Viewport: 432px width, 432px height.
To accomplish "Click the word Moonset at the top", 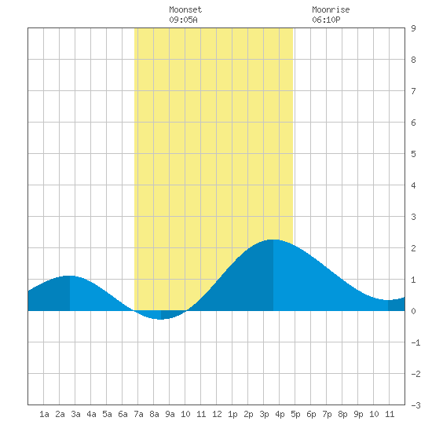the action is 185,9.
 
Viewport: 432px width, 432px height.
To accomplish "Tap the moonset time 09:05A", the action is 183,20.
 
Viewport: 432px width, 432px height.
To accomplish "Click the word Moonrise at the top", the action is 331,9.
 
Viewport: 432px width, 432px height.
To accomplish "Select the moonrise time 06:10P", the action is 326,20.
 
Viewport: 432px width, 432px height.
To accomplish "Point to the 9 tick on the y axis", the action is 413,28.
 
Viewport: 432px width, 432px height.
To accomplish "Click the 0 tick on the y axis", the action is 413,311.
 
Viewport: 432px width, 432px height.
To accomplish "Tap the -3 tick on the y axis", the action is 416,405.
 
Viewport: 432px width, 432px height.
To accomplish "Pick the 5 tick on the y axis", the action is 413,154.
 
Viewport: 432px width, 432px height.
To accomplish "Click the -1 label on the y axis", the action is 416,342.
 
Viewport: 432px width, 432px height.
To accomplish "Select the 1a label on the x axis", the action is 44,414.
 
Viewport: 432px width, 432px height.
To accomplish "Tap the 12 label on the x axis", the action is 217,414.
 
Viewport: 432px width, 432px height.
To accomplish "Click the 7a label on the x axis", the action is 138,414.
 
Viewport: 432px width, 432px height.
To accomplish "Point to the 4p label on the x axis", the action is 280,414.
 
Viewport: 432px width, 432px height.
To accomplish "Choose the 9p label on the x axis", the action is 358,414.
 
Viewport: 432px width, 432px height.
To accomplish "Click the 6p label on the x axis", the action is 311,414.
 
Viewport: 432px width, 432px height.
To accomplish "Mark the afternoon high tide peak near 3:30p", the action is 273,240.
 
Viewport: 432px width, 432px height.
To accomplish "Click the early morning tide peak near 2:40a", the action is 70,276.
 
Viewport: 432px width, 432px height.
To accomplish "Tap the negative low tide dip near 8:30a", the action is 161,319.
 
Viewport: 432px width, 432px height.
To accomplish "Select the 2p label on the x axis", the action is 248,414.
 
